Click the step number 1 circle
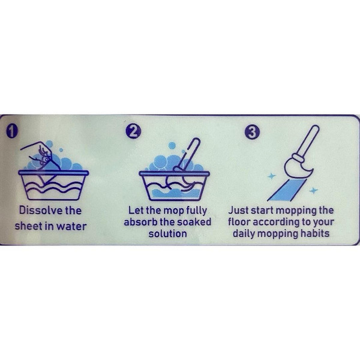tap(12, 131)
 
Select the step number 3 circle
tap(252, 132)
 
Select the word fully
tap(196, 211)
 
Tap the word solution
tap(167, 234)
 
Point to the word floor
tap(239, 222)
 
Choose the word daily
tap(244, 234)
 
